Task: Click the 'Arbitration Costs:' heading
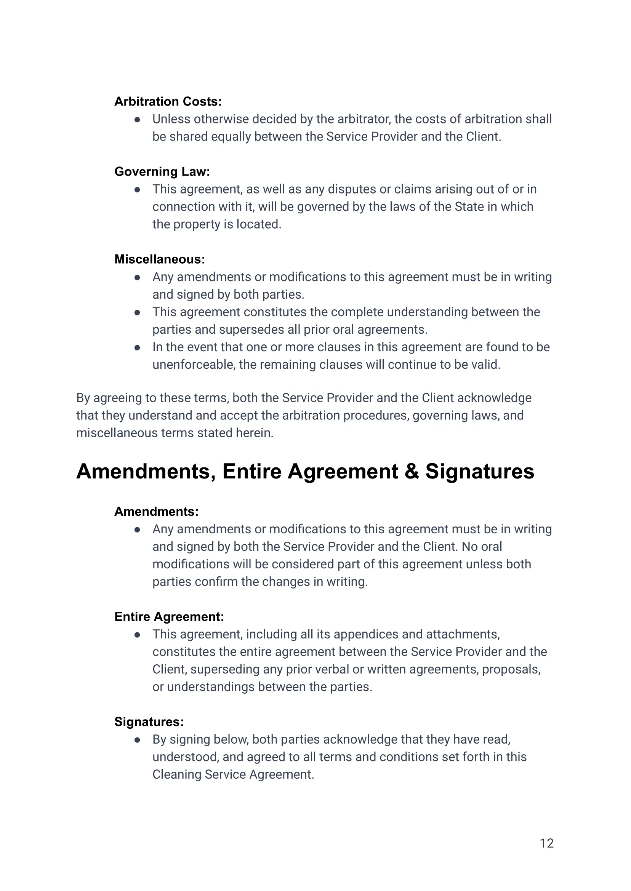coord(168,101)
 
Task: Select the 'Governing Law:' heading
coord(162,171)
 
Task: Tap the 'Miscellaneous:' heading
coord(159,259)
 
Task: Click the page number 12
coord(546,843)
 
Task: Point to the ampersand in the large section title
coord(412,472)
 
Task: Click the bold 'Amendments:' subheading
coord(156,512)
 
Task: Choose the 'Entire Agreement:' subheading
coord(169,616)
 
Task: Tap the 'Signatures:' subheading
coord(149,721)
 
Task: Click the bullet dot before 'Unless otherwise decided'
coord(137,120)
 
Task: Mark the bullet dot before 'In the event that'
coord(137,348)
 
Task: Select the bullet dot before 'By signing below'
coord(137,740)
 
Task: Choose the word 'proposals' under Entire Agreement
coord(511,669)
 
